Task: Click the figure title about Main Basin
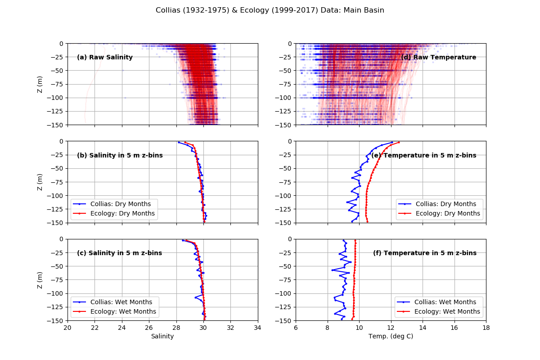(270, 10)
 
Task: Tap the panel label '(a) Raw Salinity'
(105, 57)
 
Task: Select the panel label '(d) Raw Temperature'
(438, 57)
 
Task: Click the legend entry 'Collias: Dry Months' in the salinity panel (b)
(120, 204)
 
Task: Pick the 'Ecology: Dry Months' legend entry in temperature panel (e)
(447, 213)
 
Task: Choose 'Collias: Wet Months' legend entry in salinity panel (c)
(121, 302)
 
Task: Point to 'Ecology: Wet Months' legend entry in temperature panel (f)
(447, 311)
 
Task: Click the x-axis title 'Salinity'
(162, 336)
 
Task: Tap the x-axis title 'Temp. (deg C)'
(391, 336)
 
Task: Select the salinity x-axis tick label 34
(258, 327)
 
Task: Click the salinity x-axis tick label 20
(67, 327)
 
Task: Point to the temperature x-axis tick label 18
(486, 327)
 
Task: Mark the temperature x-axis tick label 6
(296, 327)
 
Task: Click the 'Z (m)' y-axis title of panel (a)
(40, 84)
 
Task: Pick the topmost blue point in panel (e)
(391, 143)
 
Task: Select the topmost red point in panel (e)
(399, 143)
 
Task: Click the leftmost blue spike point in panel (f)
(332, 270)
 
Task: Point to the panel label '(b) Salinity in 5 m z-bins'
(120, 155)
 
